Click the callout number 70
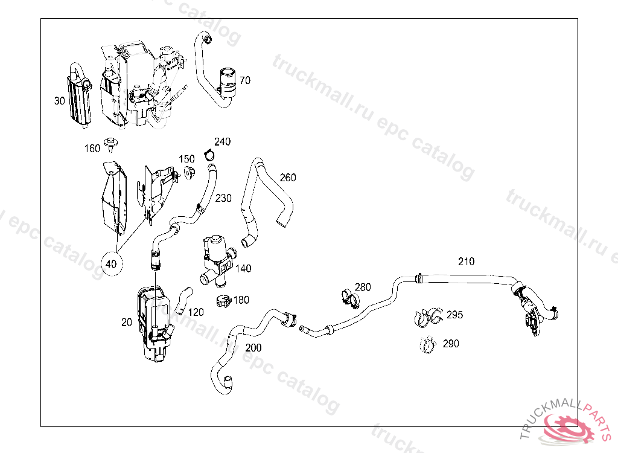tap(244, 80)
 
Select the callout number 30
tap(59, 101)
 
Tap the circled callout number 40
tap(112, 263)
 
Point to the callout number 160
tap(92, 148)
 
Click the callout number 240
tap(222, 142)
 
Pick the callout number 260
tap(288, 178)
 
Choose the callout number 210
tap(466, 262)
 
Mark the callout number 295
tap(454, 315)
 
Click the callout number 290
tap(450, 344)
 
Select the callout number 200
tap(253, 347)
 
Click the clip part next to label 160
tap(110, 144)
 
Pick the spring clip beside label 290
tap(428, 345)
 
